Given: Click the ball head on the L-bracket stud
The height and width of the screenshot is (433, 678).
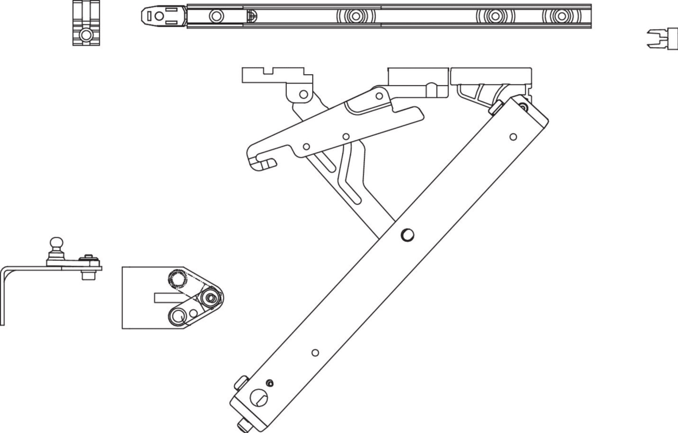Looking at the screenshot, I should coord(55,243).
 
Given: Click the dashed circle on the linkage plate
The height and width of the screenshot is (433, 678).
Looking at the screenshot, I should coord(177,279).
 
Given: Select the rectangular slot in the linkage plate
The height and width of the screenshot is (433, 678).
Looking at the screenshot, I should coord(163,297).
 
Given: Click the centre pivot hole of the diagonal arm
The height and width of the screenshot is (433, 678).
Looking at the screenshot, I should coord(407,234).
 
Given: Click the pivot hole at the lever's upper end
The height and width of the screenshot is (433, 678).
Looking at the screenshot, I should coord(380,96).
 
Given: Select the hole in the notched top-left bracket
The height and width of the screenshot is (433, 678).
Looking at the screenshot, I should coord(304,95).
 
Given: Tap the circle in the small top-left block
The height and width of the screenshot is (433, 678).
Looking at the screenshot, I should coord(86,36).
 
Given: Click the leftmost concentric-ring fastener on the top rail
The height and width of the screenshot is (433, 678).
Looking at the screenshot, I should coord(356,16).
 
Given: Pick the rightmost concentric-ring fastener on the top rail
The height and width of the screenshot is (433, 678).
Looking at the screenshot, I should coord(561,16).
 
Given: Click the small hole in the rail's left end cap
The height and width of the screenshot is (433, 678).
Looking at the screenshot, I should coord(159,16).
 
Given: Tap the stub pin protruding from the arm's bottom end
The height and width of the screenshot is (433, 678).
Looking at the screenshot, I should coord(241,423).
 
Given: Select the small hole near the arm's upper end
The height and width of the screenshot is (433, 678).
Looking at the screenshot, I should coord(513,136).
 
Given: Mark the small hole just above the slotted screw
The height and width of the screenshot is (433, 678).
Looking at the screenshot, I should coord(270,384).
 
